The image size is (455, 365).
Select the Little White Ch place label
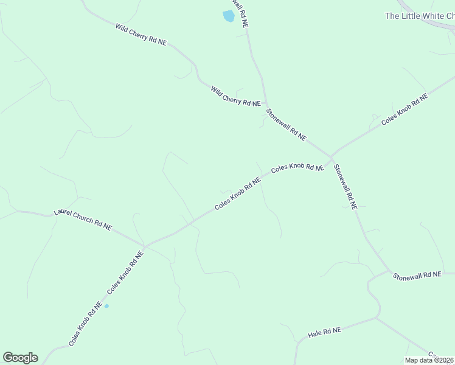click(419, 16)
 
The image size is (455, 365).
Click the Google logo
click(20, 358)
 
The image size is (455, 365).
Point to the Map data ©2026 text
click(429, 360)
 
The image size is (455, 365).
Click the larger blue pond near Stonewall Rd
click(229, 16)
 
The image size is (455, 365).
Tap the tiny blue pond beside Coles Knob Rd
click(106, 305)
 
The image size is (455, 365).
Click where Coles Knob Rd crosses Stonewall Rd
click(332, 156)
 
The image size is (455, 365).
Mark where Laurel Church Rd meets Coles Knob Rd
click(145, 246)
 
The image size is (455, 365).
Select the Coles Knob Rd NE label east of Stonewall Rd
click(405, 109)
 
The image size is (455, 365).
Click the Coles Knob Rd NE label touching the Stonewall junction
click(296, 167)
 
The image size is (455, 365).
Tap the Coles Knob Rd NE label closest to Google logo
click(85, 324)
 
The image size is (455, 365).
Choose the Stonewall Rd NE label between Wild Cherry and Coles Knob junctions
click(287, 125)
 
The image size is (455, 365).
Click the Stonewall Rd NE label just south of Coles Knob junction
click(345, 186)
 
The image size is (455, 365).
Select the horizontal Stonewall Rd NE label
click(417, 276)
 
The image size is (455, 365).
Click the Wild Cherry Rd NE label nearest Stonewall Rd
click(235, 96)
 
